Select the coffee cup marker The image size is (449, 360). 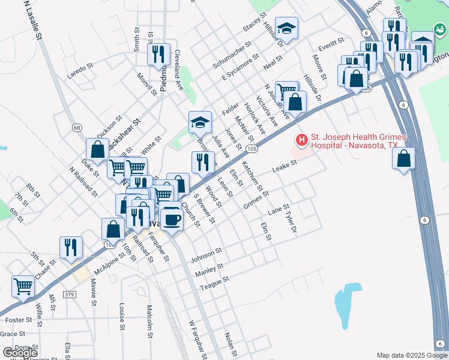point(172,219)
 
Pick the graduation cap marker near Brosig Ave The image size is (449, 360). point(200,124)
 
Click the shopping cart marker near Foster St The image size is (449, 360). point(23,287)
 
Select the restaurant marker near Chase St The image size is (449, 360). point(71,248)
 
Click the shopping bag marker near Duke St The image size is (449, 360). point(97,150)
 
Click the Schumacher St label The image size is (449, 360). point(235,55)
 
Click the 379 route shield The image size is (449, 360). point(70,295)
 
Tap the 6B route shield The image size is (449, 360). point(77,128)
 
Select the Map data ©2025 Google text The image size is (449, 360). point(412,355)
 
